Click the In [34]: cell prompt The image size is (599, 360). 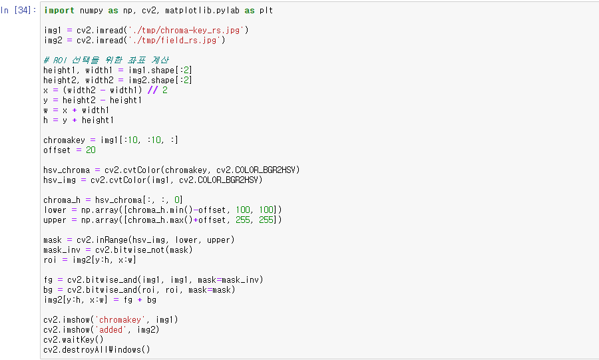[x=19, y=11]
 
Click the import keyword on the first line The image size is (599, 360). [x=58, y=11]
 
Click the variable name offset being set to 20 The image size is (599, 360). [x=57, y=150]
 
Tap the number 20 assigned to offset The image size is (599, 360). [x=91, y=150]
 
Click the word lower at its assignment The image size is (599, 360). [x=55, y=210]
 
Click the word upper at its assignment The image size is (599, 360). [x=55, y=220]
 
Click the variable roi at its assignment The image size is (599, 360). [x=49, y=260]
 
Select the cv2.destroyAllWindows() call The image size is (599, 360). [x=97, y=349]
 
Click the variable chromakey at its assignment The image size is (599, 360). [x=61, y=140]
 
